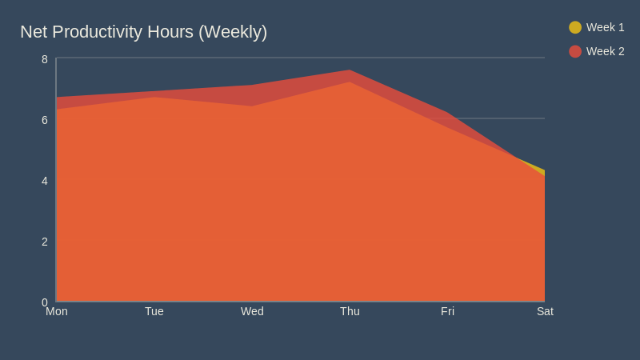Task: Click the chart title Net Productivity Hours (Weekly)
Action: coord(143,32)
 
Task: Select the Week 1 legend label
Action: coord(605,27)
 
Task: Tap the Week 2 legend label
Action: coord(605,51)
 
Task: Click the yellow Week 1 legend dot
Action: coord(575,27)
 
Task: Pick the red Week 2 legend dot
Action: coord(575,51)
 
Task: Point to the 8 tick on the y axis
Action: coord(45,59)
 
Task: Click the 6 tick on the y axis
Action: coord(45,120)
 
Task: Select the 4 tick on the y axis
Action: coord(45,181)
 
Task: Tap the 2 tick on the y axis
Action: coord(45,242)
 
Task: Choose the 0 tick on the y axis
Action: coord(45,302)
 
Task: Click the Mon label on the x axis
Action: coord(57,311)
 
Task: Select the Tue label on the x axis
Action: coord(154,311)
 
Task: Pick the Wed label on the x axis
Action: coord(252,311)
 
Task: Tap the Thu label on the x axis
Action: coord(350,311)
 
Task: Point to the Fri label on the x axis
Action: coord(447,311)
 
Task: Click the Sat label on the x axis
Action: coord(545,311)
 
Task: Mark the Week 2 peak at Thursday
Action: coord(350,70)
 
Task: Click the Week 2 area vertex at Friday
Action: coord(447,113)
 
